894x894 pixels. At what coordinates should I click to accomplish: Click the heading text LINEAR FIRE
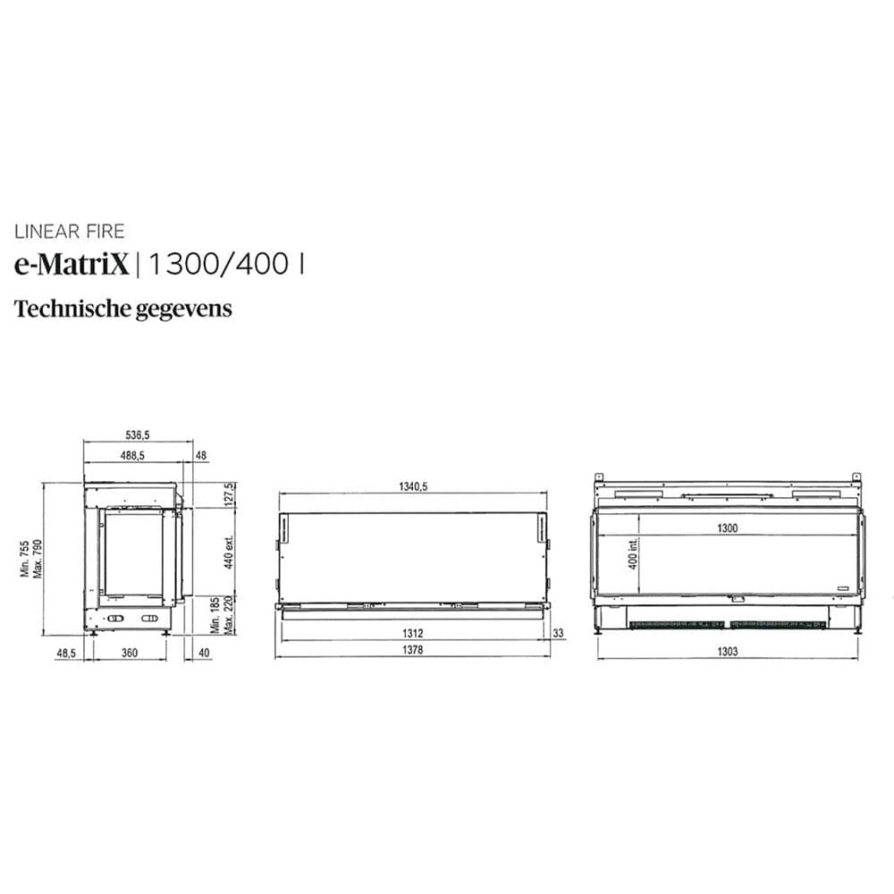(x=69, y=232)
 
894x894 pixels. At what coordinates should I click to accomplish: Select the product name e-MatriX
(x=72, y=265)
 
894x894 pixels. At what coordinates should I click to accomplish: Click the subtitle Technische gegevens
(x=123, y=309)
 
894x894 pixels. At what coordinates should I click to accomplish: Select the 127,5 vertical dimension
(x=230, y=494)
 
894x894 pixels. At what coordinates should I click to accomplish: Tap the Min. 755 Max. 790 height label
(x=31, y=558)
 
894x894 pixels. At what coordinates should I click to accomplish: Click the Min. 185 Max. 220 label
(x=222, y=615)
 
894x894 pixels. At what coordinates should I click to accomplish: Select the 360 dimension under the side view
(x=129, y=654)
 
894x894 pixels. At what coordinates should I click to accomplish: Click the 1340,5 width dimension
(x=413, y=486)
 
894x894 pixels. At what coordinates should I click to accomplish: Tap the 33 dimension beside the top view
(x=559, y=634)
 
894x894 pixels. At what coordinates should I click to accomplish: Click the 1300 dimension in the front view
(x=727, y=528)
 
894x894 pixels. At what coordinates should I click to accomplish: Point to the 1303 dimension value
(x=727, y=652)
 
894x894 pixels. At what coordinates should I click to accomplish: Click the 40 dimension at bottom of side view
(x=205, y=654)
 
